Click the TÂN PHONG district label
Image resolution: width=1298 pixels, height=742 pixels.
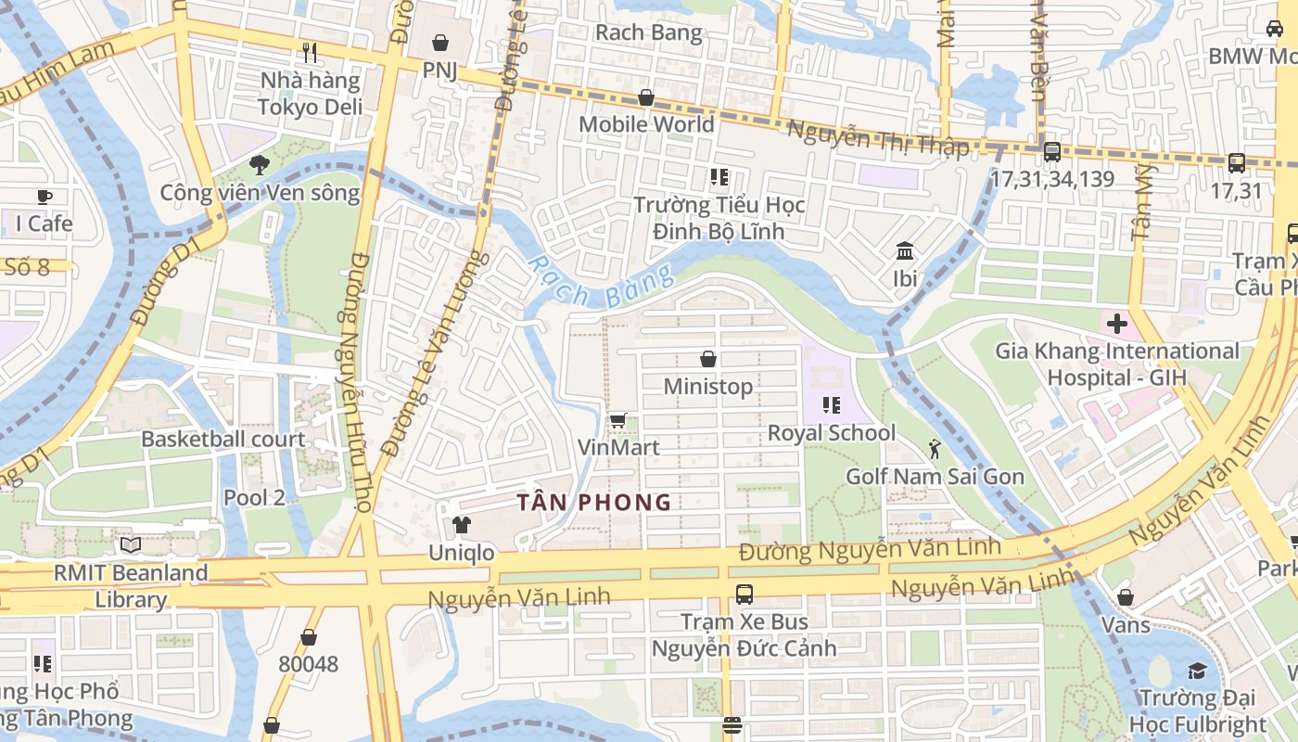(x=593, y=503)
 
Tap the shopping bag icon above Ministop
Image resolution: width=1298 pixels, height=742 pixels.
(x=708, y=359)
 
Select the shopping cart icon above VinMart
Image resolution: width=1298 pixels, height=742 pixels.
(x=618, y=420)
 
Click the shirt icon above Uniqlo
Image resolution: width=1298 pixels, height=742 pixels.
(x=461, y=525)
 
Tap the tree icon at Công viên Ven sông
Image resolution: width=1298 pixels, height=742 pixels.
(x=259, y=165)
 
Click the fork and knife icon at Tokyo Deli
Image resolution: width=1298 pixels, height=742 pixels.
(x=310, y=53)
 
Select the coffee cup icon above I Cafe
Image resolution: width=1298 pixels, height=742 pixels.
(x=44, y=196)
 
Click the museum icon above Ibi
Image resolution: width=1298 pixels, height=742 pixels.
(x=904, y=251)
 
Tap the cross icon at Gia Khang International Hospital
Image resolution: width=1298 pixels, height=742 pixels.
(x=1116, y=324)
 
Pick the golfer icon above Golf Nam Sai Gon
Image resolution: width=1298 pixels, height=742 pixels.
(x=934, y=450)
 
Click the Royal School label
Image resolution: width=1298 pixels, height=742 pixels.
(x=832, y=433)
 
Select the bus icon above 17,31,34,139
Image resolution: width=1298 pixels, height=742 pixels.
(x=1051, y=151)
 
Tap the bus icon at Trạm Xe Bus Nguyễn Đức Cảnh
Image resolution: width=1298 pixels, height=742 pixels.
(x=744, y=595)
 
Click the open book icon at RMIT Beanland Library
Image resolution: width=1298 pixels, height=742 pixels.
(x=130, y=544)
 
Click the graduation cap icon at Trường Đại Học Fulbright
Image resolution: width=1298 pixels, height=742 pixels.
(x=1197, y=671)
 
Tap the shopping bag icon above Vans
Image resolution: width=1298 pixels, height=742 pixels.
(x=1126, y=597)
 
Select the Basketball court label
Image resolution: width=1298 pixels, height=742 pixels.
(x=223, y=439)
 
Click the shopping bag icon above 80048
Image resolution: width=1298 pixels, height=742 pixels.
(x=309, y=637)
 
